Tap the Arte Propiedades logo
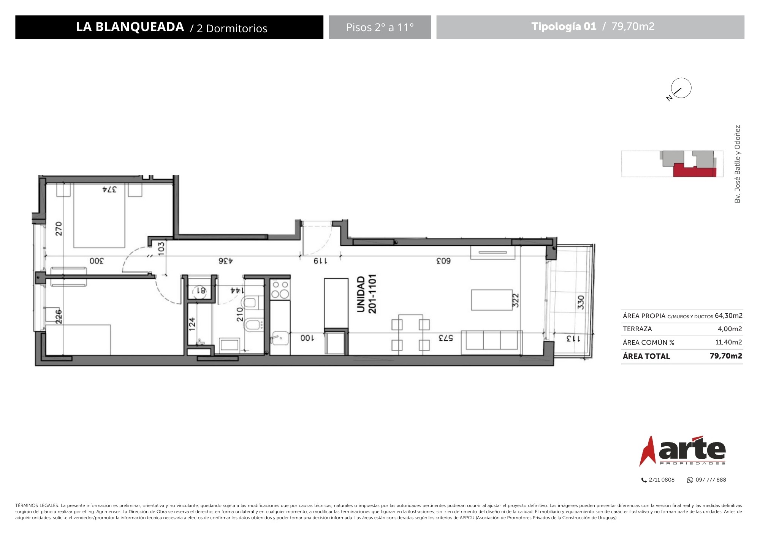[682, 451]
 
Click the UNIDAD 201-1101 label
[367, 294]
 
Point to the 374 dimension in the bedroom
[109, 189]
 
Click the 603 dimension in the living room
[443, 261]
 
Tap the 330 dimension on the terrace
[581, 303]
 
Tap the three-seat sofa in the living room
[492, 340]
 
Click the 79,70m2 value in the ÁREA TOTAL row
[726, 356]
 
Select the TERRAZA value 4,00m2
[730, 329]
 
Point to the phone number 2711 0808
[662, 480]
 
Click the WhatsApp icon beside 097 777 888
[690, 480]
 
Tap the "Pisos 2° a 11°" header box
[380, 27]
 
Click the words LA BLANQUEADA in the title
[130, 27]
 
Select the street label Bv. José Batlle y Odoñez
[738, 164]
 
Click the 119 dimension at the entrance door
[320, 261]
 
